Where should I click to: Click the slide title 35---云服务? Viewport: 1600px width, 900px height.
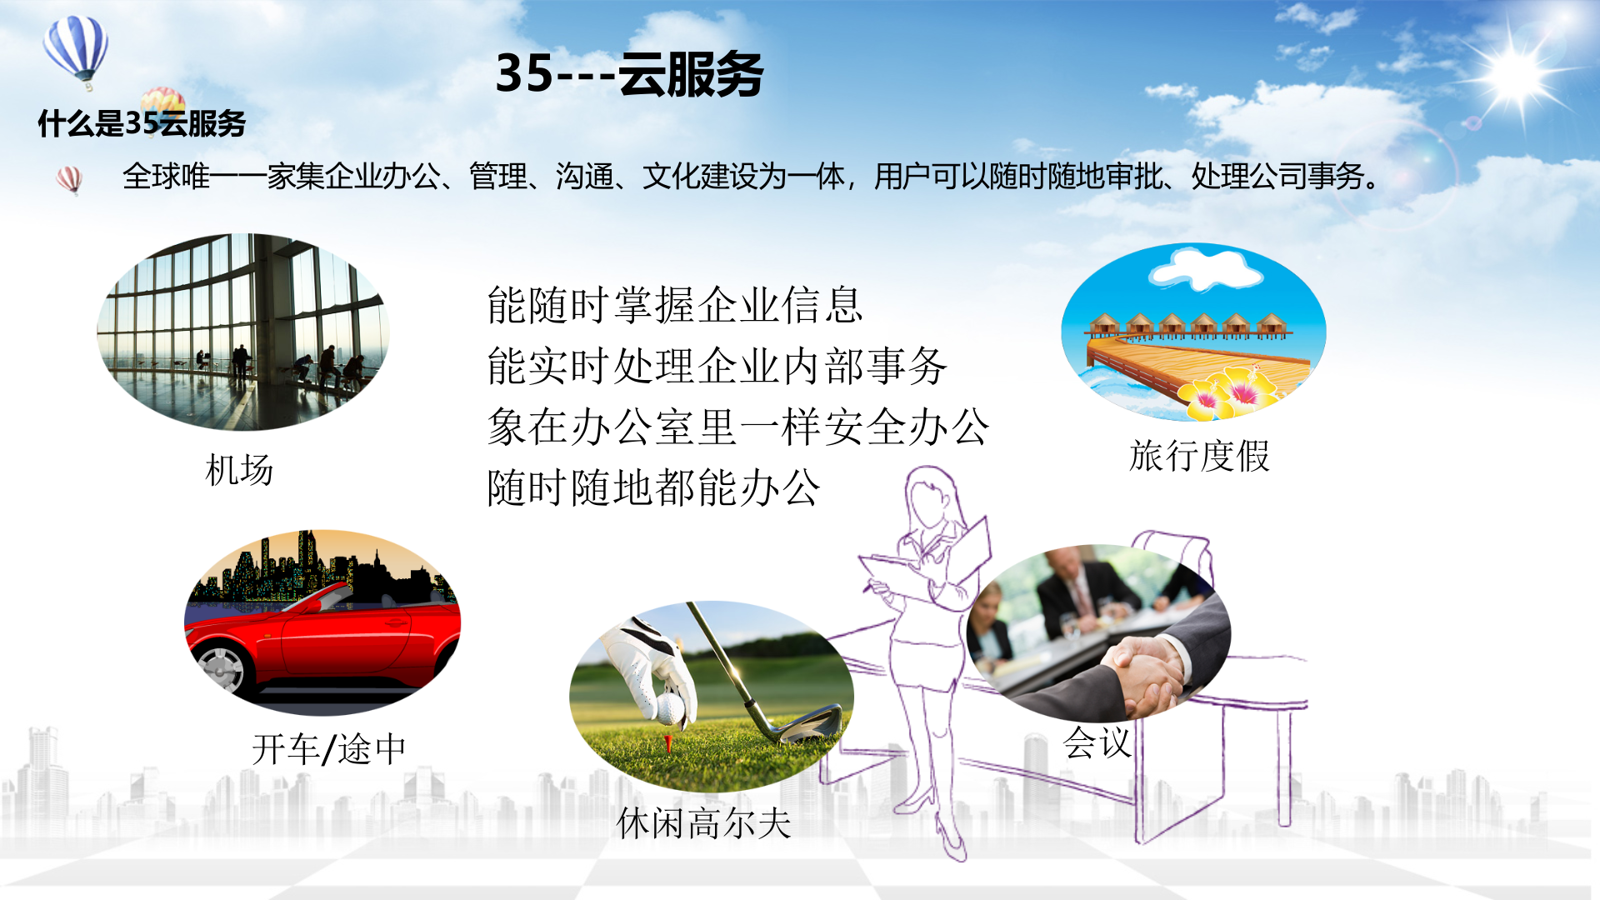tap(629, 74)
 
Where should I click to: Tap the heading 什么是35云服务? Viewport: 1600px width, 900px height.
tap(142, 123)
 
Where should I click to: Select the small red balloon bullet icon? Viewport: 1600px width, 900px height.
tap(69, 178)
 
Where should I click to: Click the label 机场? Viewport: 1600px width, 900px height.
tap(239, 471)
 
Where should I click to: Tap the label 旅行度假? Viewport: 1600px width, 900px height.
tap(1199, 457)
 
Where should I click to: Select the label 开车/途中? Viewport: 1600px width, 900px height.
tap(328, 749)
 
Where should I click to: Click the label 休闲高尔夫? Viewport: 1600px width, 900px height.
tap(704, 823)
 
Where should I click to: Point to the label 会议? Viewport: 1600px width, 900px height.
tap(1097, 742)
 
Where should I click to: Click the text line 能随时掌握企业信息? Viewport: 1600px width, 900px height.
tap(674, 305)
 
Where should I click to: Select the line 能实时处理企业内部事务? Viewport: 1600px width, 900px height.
tap(717, 366)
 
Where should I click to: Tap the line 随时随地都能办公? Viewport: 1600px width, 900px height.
tap(653, 487)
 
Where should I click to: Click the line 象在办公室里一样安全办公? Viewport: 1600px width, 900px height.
tap(737, 427)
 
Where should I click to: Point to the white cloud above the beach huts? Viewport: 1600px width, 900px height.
tap(1205, 268)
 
